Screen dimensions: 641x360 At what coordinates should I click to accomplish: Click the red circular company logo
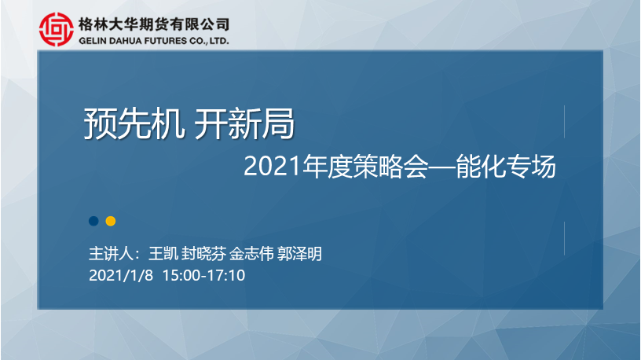tap(57, 29)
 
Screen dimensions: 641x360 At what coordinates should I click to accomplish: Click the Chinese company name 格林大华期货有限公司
tap(154, 24)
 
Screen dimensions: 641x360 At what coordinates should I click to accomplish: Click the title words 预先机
tap(134, 123)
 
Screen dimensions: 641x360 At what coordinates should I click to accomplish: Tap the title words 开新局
tap(244, 123)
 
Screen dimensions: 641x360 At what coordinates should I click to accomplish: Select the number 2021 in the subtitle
tap(273, 167)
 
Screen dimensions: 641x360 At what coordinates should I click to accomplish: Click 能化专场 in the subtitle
tap(506, 167)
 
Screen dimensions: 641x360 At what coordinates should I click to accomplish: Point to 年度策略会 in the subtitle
tap(365, 167)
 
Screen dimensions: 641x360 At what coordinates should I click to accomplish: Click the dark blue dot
tap(93, 221)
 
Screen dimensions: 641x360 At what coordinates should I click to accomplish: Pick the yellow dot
tap(111, 221)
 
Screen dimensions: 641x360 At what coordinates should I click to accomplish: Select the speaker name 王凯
tap(163, 254)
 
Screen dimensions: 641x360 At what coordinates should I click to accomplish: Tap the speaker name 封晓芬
tap(203, 254)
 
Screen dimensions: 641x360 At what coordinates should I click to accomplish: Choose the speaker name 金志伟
tap(251, 254)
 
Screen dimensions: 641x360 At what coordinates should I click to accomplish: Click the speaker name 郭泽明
tap(299, 254)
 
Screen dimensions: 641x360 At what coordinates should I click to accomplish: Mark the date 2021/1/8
tap(121, 275)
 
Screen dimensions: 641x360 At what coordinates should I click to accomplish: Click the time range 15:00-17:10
tap(204, 275)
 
